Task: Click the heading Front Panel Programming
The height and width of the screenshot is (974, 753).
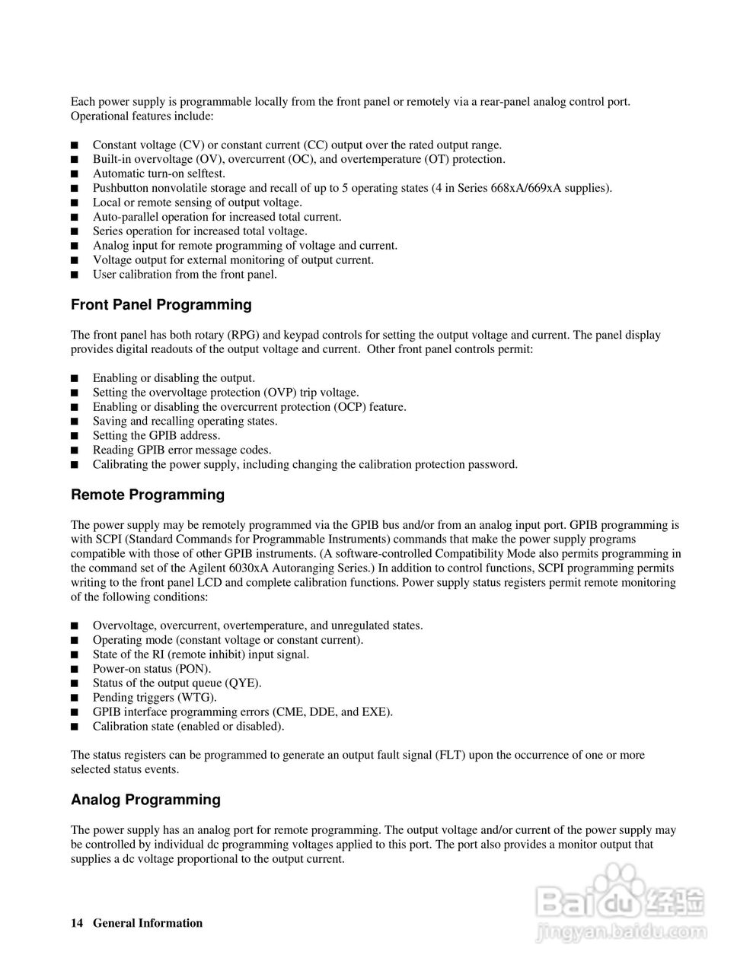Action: point(161,305)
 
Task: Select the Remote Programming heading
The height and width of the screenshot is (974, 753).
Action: point(148,495)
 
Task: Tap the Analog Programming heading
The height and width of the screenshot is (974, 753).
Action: point(145,800)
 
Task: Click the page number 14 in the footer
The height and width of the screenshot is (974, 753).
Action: point(76,924)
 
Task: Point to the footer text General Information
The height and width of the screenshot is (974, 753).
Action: point(148,924)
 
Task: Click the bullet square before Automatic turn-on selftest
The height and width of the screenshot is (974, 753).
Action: point(74,174)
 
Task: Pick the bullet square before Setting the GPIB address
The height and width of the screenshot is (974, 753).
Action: point(74,436)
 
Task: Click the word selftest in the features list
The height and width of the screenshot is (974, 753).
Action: point(197,174)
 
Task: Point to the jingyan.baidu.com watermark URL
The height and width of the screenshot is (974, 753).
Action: point(621,930)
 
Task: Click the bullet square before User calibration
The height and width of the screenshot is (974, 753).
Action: point(74,275)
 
